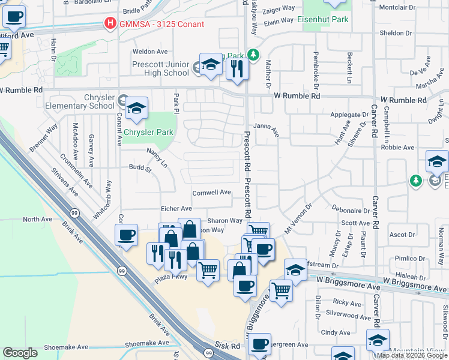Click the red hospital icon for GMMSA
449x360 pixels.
pos(110,24)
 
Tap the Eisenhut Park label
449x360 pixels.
pos(323,19)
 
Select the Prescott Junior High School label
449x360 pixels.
pos(160,68)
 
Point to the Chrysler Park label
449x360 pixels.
pos(148,132)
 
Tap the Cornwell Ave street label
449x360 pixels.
pos(211,193)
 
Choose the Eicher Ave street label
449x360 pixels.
pos(177,208)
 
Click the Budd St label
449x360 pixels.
pos(140,168)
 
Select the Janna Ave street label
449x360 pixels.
pos(267,129)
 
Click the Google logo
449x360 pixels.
pos(20,353)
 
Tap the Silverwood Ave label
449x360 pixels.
pos(348,314)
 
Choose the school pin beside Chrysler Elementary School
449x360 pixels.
pos(137,110)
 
